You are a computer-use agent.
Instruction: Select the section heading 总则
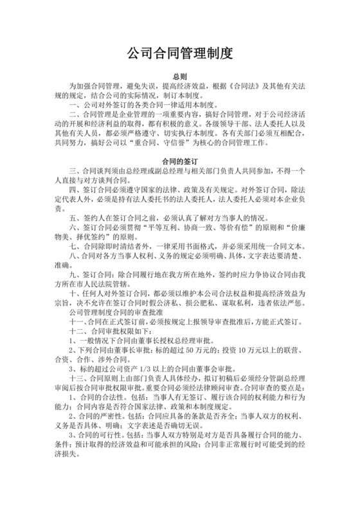coord(179,75)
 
